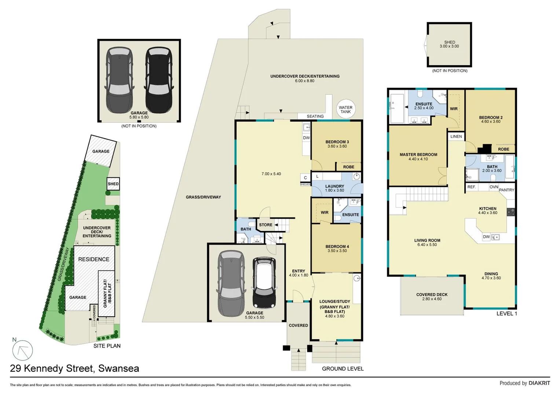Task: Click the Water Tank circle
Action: (x=345, y=110)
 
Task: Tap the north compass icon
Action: (x=22, y=350)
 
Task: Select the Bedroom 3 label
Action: (x=337, y=142)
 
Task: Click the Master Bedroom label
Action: (x=418, y=155)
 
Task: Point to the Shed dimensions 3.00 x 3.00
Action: (x=449, y=47)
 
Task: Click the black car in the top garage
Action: (x=158, y=81)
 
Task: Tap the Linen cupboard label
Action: (x=456, y=136)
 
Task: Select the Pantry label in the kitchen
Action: (x=506, y=190)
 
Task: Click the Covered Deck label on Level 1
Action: (x=432, y=294)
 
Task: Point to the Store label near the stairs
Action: (x=266, y=225)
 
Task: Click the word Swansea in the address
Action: (x=118, y=368)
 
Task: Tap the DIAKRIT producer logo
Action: (x=539, y=383)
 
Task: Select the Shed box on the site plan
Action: (x=113, y=184)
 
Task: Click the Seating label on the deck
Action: (x=315, y=116)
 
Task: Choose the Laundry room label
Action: (x=334, y=186)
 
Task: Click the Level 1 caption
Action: (x=506, y=313)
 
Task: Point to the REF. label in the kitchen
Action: (x=471, y=187)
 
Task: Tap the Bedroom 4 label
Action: (x=337, y=246)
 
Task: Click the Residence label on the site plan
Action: (x=94, y=259)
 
